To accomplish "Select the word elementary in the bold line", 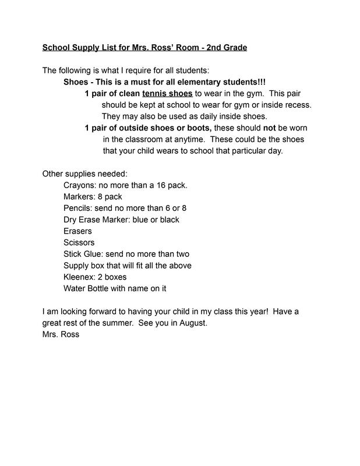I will (194, 82).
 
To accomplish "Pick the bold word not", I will (270, 128).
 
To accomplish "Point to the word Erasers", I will (78, 231).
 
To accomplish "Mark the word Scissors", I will (79, 242).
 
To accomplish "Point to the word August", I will (192, 323).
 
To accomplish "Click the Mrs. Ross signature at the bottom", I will (61, 334).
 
